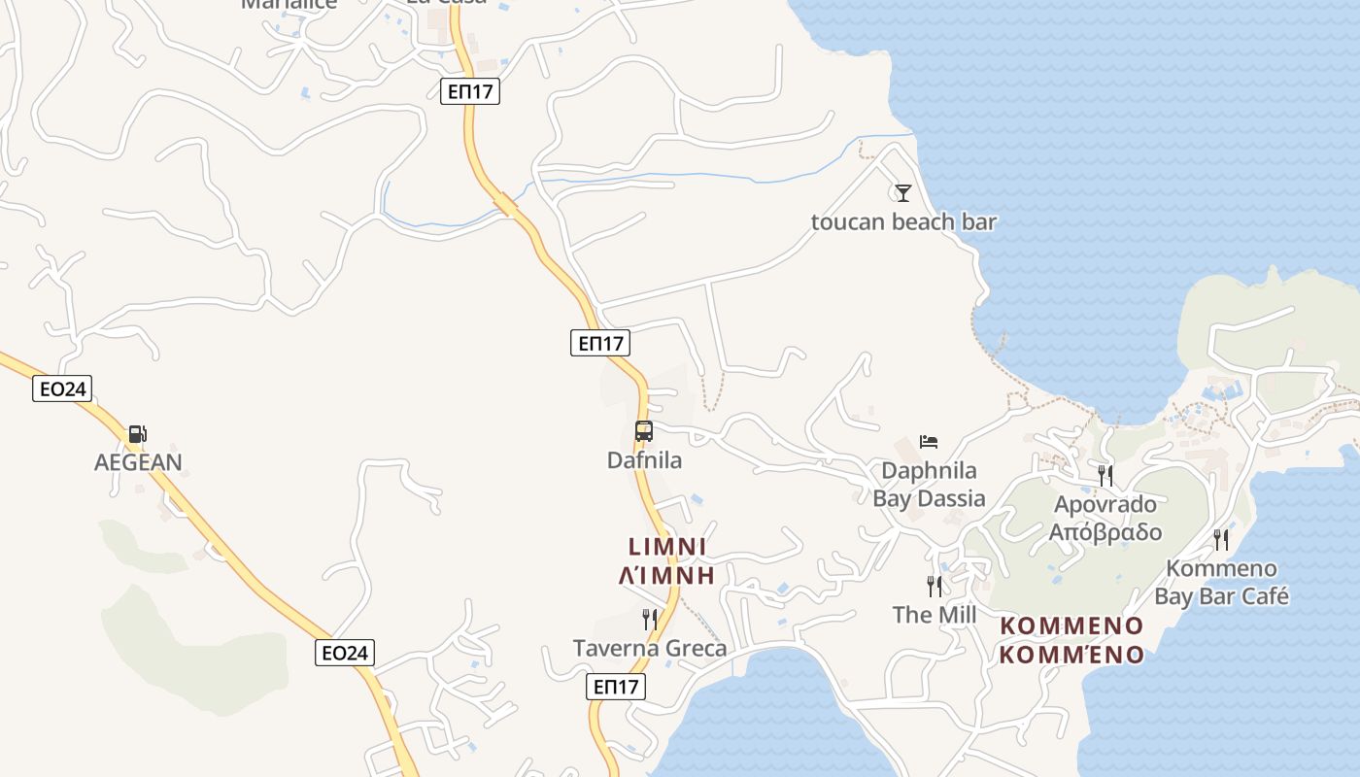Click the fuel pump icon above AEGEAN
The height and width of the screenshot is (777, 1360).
(138, 433)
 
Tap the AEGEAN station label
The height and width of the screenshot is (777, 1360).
(138, 462)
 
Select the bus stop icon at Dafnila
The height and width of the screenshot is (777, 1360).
(643, 431)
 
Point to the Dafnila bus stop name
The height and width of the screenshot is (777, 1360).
(644, 460)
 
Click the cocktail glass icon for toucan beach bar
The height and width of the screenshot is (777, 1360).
(903, 192)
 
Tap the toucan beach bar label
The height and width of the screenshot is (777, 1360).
(903, 222)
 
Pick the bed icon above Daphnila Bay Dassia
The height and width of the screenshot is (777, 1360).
(929, 442)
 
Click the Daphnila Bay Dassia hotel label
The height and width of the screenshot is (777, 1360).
(929, 485)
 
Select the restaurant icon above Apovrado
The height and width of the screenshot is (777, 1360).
(1105, 475)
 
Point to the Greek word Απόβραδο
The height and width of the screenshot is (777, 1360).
(1105, 532)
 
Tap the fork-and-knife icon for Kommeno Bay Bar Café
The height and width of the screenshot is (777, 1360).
(1221, 539)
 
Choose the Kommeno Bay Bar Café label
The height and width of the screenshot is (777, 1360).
(1221, 582)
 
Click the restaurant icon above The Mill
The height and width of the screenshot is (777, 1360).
(935, 586)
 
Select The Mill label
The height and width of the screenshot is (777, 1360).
(935, 615)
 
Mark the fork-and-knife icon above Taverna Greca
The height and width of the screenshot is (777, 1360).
(650, 619)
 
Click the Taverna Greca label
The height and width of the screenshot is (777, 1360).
(650, 648)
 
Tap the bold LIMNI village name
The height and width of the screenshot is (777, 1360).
(667, 547)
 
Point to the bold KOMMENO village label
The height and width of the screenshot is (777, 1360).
(1071, 625)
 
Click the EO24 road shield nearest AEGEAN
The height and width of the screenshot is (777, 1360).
(63, 389)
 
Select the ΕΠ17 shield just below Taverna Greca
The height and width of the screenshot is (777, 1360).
(616, 687)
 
